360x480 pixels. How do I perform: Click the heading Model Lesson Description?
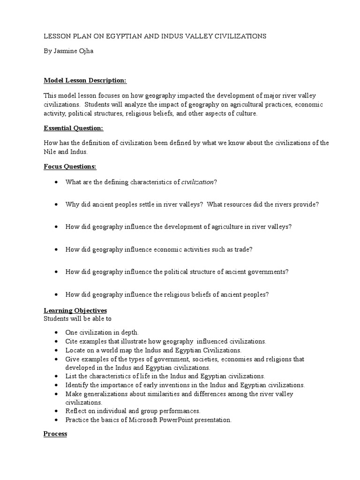(x=85, y=81)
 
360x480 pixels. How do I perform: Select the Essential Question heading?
(x=74, y=128)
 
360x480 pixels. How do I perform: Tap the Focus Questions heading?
(x=69, y=166)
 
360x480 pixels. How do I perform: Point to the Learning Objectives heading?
(x=75, y=310)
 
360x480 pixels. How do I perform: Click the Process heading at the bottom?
(x=55, y=434)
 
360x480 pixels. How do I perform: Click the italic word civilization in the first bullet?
(x=197, y=182)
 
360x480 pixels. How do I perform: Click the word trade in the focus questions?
(x=242, y=249)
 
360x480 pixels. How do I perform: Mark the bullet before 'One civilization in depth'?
(x=56, y=332)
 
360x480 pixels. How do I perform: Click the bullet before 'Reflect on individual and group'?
(x=56, y=411)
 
